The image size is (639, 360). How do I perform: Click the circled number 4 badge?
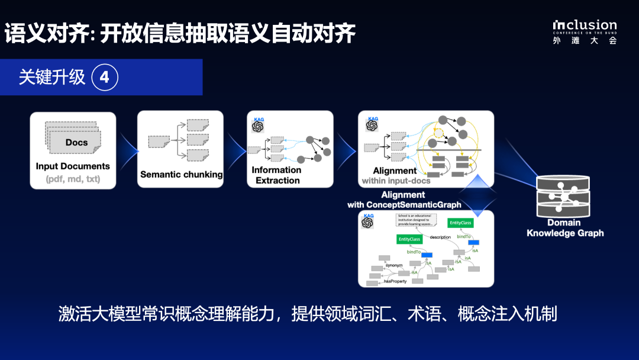click(x=105, y=78)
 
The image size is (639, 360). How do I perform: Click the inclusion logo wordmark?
click(x=585, y=25)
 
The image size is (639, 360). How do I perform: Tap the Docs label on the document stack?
click(x=76, y=142)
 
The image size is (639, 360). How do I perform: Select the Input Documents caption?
click(x=73, y=166)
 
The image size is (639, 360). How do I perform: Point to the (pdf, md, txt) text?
click(x=73, y=179)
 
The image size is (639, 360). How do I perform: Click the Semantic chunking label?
click(x=181, y=175)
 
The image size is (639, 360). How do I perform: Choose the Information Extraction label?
click(x=276, y=175)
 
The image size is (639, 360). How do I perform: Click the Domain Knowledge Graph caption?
click(x=565, y=228)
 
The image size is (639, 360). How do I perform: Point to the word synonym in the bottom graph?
click(x=394, y=265)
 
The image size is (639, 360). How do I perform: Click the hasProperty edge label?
click(x=395, y=281)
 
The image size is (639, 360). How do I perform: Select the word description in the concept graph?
click(x=441, y=237)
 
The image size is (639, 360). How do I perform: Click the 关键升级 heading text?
click(x=52, y=78)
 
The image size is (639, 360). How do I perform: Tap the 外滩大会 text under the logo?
click(x=585, y=41)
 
